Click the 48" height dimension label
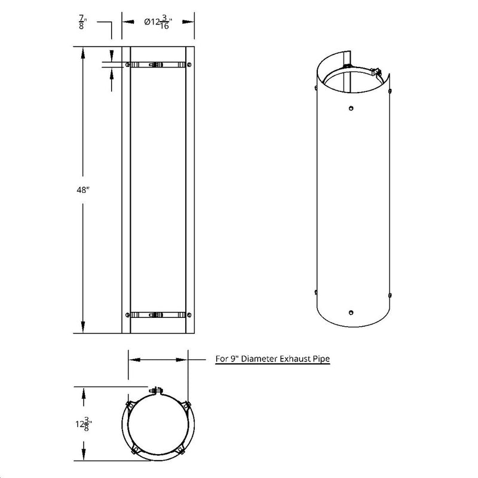pyautogui.click(x=83, y=189)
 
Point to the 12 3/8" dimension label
pyautogui.click(x=83, y=425)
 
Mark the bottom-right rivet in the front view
pyautogui.click(x=189, y=314)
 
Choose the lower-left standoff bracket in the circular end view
pyautogui.click(x=136, y=449)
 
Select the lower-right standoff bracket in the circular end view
pyautogui.click(x=180, y=449)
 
